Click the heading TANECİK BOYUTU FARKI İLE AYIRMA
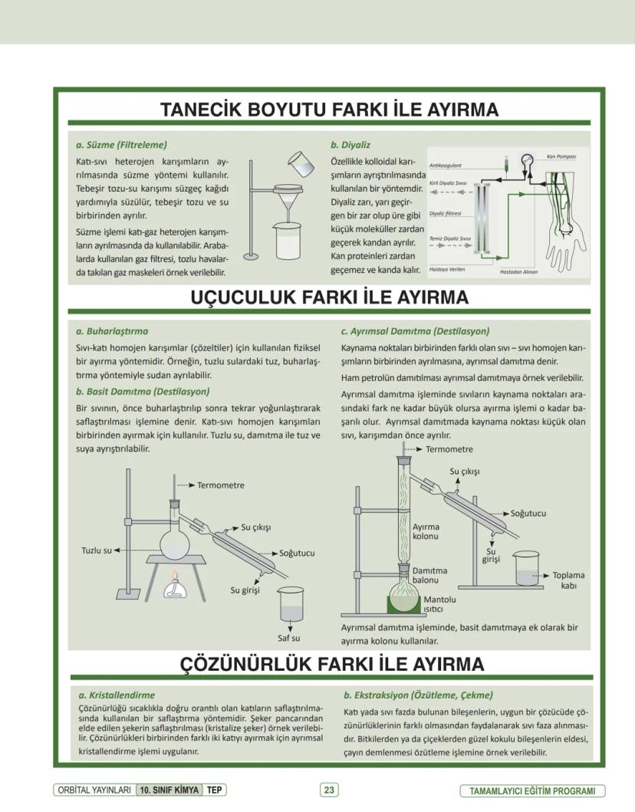coord(329,110)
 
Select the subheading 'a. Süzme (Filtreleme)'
coord(121,144)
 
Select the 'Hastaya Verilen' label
coord(446,269)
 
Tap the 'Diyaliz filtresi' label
coord(445,214)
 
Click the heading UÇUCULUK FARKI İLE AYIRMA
coord(329,298)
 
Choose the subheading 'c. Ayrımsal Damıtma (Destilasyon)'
coord(415,331)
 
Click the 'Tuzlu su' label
coord(97,550)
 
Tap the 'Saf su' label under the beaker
coord(288,637)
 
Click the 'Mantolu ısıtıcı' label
coord(440,604)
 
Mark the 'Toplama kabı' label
coord(568,580)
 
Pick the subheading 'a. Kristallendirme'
coord(117,695)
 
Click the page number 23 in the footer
coord(329,790)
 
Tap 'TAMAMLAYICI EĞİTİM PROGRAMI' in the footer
coord(531,791)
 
